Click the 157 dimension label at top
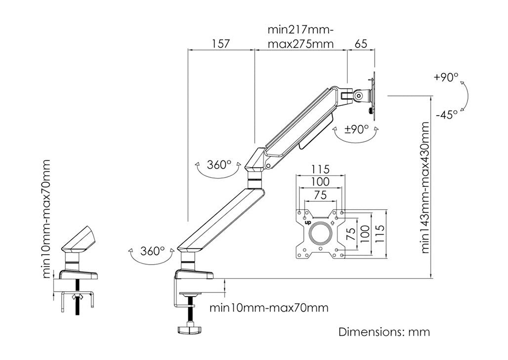click(x=220, y=44)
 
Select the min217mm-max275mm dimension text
click(x=300, y=37)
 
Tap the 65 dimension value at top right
click(x=361, y=44)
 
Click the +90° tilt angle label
click(x=446, y=78)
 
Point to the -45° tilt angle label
click(x=446, y=114)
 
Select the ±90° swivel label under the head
click(x=356, y=129)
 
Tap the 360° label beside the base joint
click(x=152, y=251)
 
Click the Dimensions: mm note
click(x=384, y=332)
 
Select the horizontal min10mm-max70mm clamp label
click(x=269, y=308)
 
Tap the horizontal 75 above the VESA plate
click(x=320, y=195)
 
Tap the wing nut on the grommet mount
click(x=76, y=297)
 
